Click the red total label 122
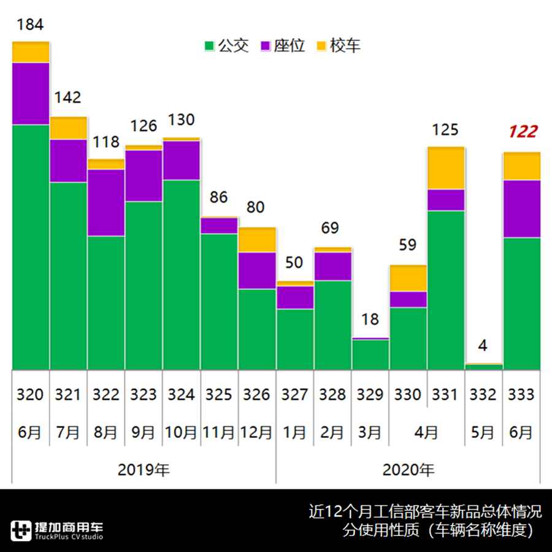[523, 131]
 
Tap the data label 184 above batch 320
[29, 25]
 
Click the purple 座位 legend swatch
[266, 46]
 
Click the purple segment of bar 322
[106, 202]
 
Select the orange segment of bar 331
[446, 168]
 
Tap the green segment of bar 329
[370, 355]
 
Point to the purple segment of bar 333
[522, 209]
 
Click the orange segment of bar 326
[257, 240]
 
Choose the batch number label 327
[294, 394]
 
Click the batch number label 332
[483, 394]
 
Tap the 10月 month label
[181, 432]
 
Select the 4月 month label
[426, 432]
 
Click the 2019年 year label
[144, 470]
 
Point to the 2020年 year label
[408, 470]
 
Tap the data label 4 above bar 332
[483, 346]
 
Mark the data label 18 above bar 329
[370, 320]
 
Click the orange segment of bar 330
[408, 278]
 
